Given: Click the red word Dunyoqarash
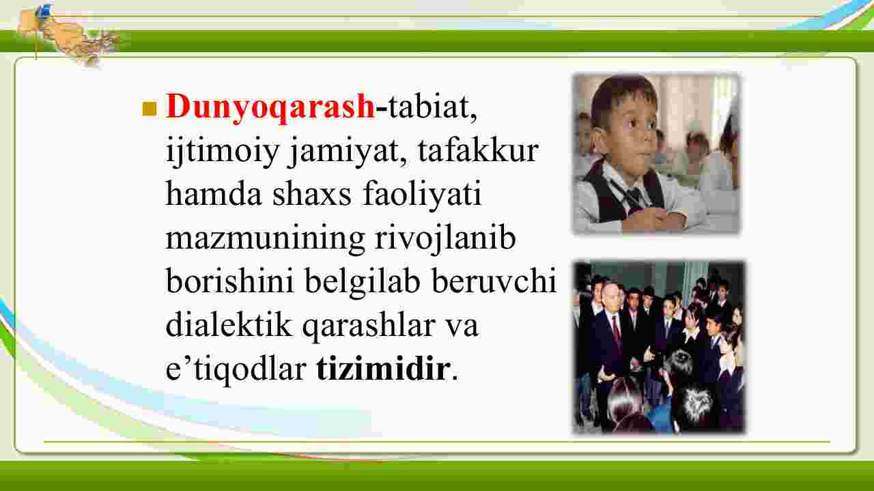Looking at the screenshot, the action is tap(270, 107).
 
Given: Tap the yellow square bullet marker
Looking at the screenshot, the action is tap(150, 109).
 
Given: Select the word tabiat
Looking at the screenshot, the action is tap(428, 107).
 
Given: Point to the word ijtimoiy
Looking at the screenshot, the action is tap(223, 152).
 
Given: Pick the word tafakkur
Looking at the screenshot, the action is tap(479, 150).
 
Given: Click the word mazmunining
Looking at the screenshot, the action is tap(266, 239).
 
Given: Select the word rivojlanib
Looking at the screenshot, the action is tap(445, 238).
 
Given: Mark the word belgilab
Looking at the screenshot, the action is tap(363, 282).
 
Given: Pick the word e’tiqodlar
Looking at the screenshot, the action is tap(236, 369).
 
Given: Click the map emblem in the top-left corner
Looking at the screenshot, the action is tap(68, 33).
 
